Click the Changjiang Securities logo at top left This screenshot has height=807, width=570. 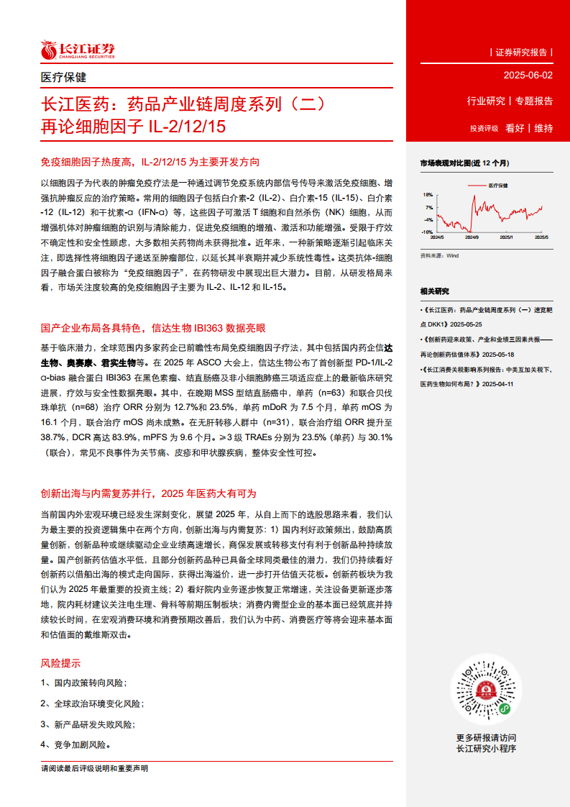[x=77, y=50]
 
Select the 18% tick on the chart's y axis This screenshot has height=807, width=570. [x=428, y=194]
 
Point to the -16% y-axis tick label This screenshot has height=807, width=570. [x=427, y=232]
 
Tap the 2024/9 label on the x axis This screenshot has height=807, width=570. [x=472, y=237]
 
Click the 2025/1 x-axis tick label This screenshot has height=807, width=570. [x=506, y=237]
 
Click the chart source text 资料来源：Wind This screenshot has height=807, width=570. [x=438, y=255]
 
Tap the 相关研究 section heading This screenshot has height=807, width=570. [x=434, y=291]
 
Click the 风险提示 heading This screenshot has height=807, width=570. [x=60, y=663]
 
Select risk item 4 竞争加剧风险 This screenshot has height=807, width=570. [x=75, y=745]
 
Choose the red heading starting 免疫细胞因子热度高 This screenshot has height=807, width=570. [x=150, y=163]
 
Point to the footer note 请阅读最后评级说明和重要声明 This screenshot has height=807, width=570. [x=95, y=769]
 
